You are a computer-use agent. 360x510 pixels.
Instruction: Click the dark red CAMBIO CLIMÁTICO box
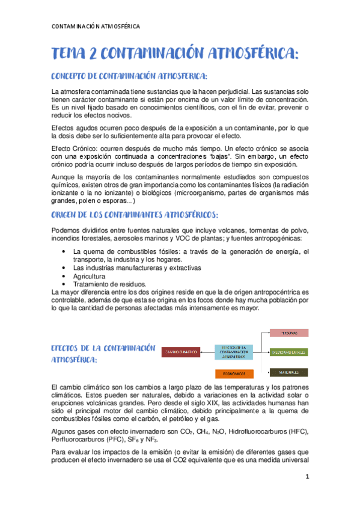181,352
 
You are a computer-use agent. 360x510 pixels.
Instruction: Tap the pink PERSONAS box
288,333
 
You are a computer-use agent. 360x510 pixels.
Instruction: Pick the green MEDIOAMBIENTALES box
288,352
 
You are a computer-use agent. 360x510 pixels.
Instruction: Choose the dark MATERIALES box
288,371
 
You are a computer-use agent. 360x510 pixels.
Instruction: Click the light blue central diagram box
234,352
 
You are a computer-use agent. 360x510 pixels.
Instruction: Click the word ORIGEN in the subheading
67,215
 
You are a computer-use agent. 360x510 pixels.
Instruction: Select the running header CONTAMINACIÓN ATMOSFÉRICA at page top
96,26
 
